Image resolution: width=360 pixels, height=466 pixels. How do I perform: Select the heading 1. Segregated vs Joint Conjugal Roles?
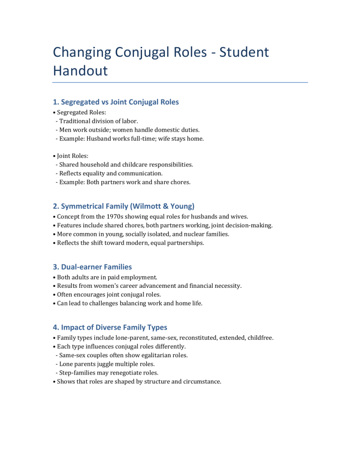coord(115,102)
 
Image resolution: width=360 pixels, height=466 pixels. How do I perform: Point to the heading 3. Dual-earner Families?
coord(92,267)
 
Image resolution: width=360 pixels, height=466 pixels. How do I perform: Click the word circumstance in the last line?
coord(201,382)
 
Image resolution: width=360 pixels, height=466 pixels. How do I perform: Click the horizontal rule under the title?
coord(180,83)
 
